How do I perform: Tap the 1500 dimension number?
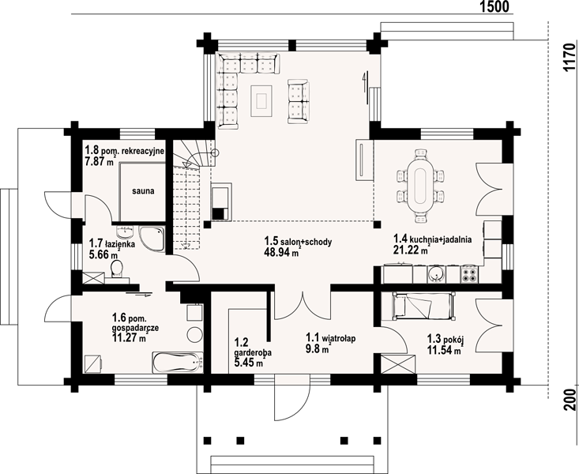point(494,6)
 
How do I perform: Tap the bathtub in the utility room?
point(178,362)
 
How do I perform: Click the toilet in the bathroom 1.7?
point(117,268)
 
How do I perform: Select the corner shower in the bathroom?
point(152,239)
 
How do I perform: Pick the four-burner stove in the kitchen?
point(469,274)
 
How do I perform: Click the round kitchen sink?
point(437,274)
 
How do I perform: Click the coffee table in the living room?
point(261,100)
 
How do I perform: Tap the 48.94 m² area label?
point(283,252)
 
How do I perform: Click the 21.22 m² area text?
point(411,250)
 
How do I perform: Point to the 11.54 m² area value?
point(445,349)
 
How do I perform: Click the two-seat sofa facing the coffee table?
point(298,101)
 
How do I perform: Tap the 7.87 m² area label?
point(100,160)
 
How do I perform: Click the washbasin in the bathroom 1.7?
point(125,231)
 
